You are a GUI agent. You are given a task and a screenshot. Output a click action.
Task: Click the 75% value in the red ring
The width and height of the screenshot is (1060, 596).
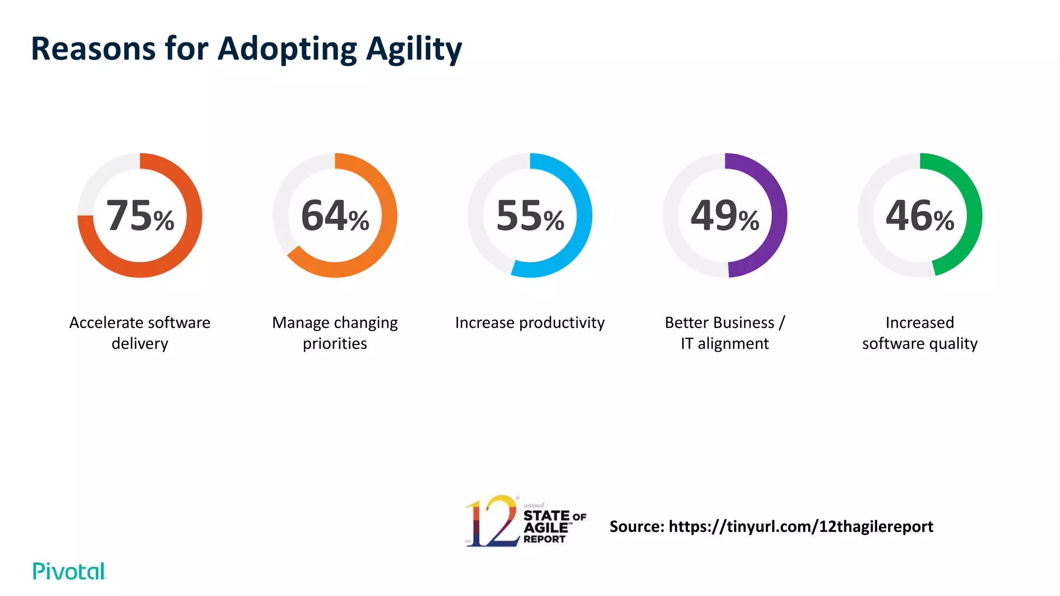[140, 216]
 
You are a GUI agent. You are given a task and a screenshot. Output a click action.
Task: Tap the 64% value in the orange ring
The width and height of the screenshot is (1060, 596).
[335, 216]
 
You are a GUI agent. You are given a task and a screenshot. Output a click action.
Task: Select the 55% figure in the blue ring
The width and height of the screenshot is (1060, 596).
[530, 216]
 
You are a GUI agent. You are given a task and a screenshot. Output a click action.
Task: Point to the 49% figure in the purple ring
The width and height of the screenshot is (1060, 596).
[725, 216]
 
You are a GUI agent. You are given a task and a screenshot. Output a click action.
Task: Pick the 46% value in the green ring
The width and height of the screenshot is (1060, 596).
[920, 216]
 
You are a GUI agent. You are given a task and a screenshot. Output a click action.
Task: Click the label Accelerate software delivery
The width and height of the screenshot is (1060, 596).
[140, 333]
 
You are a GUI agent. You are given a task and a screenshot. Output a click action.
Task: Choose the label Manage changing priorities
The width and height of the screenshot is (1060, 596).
[335, 333]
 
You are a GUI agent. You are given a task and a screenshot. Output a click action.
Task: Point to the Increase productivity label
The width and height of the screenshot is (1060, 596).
[529, 322]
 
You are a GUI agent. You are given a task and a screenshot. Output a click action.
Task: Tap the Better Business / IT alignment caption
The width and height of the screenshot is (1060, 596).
[725, 333]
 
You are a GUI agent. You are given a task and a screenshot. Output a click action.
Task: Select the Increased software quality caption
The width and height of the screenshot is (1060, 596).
[920, 333]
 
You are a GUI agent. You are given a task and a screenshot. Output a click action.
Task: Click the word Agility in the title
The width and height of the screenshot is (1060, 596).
[414, 49]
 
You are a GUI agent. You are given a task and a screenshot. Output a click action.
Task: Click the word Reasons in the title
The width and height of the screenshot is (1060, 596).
[93, 49]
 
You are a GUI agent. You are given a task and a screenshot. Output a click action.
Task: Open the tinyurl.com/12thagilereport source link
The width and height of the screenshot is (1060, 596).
[801, 526]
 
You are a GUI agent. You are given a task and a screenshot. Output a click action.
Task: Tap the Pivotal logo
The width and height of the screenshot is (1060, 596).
[69, 571]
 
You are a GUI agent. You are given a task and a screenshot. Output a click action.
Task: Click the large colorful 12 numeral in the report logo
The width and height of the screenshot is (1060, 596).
[492, 521]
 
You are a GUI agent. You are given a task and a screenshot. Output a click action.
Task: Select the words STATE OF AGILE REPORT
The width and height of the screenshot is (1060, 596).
[553, 527]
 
